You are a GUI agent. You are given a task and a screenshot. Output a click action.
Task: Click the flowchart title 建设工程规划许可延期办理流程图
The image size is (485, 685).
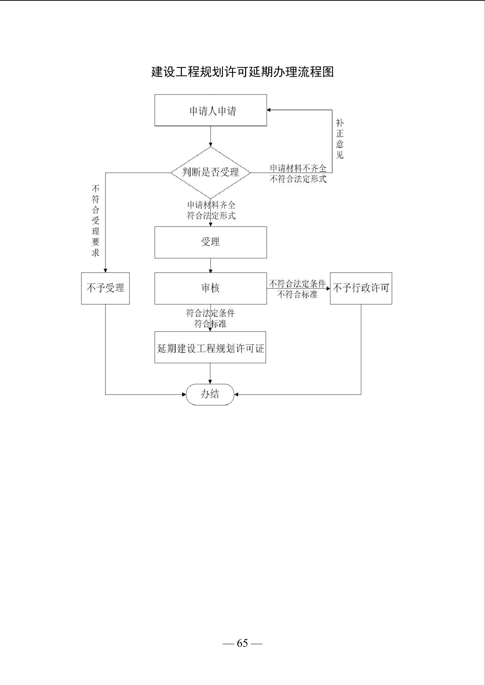pyautogui.click(x=242, y=72)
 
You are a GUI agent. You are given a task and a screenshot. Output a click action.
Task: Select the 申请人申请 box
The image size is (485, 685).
pyautogui.click(x=211, y=110)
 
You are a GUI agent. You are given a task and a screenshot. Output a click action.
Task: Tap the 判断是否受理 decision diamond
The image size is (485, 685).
pyautogui.click(x=211, y=173)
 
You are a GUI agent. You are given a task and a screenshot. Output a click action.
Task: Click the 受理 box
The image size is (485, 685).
pyautogui.click(x=211, y=242)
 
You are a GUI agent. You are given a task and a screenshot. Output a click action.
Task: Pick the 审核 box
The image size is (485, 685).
pyautogui.click(x=211, y=288)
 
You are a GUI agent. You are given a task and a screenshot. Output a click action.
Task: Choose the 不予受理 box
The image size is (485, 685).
pyautogui.click(x=105, y=288)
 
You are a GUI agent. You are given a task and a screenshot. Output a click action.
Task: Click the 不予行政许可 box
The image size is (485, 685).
pyautogui.click(x=361, y=288)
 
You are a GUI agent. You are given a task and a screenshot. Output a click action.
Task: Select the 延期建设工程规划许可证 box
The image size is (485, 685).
pyautogui.click(x=210, y=347)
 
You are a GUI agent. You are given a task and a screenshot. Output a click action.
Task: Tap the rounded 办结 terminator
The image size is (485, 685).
pyautogui.click(x=210, y=395)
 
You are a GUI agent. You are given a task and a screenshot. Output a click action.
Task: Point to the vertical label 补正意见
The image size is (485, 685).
pyautogui.click(x=340, y=139)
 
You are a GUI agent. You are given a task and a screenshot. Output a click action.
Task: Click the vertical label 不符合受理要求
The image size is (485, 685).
pyautogui.click(x=96, y=221)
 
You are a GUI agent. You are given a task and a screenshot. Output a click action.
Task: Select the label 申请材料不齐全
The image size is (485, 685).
pyautogui.click(x=298, y=168)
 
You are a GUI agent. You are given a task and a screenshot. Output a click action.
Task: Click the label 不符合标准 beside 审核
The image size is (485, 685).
pyautogui.click(x=297, y=295)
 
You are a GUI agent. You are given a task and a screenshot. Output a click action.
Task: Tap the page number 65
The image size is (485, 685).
pyautogui.click(x=242, y=643)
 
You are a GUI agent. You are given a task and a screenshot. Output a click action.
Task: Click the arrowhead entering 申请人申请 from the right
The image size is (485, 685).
pyautogui.click(x=269, y=110)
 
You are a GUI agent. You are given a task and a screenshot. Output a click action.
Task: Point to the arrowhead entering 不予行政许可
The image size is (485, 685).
pyautogui.click(x=328, y=288)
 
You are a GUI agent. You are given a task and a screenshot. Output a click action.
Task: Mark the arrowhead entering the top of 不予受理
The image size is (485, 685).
pyautogui.click(x=105, y=271)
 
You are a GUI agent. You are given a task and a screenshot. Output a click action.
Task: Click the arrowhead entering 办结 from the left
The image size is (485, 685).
pyautogui.click(x=184, y=395)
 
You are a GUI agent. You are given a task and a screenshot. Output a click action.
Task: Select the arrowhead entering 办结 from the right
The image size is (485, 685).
pyautogui.click(x=236, y=395)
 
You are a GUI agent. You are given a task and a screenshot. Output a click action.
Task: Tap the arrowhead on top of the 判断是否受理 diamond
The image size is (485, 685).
pyautogui.click(x=211, y=145)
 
